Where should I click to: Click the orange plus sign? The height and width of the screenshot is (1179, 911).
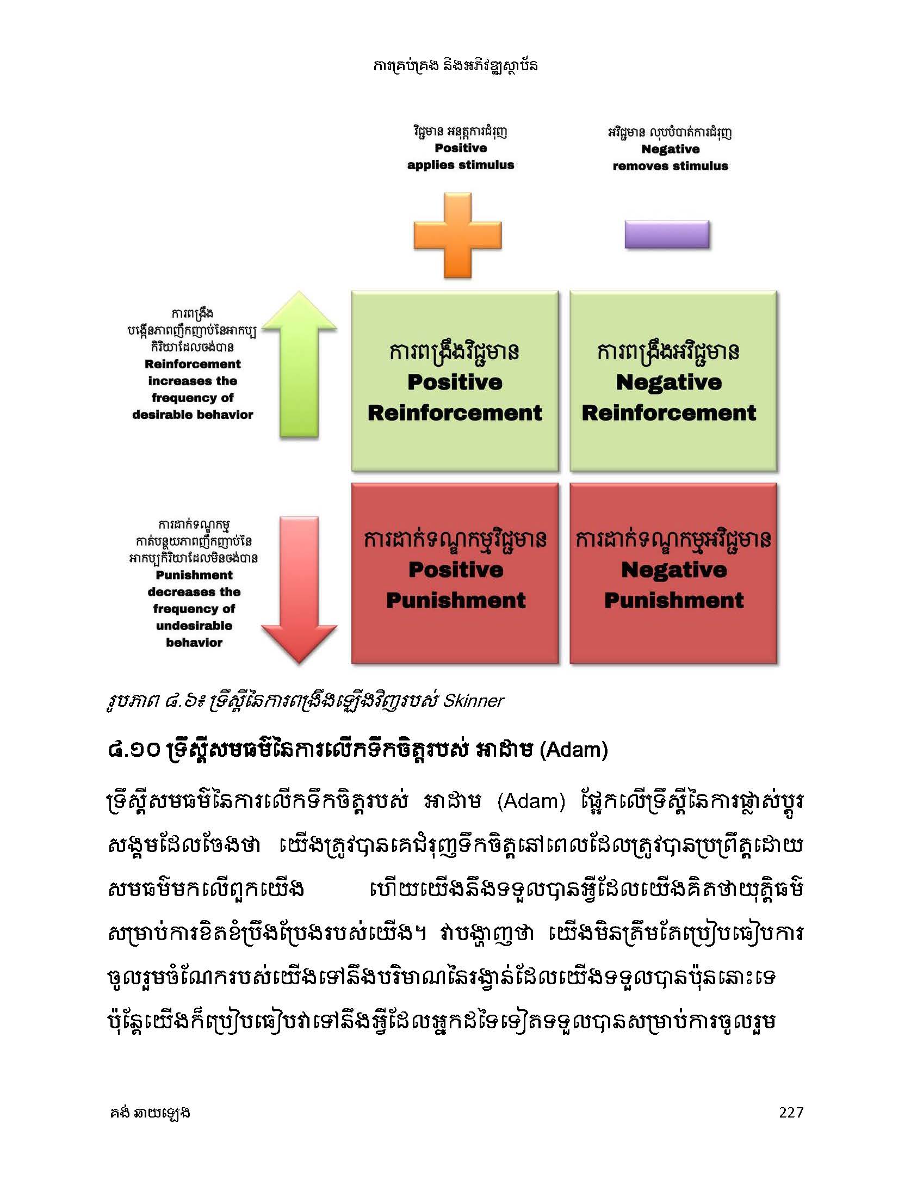click(x=457, y=235)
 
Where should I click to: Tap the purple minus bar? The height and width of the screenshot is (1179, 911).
click(x=667, y=235)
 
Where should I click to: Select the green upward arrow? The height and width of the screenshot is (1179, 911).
click(x=299, y=365)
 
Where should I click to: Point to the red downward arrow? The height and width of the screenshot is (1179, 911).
click(x=299, y=590)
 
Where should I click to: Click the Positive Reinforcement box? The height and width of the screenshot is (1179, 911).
click(x=455, y=381)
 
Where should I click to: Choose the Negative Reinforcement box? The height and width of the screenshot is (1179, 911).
click(x=673, y=381)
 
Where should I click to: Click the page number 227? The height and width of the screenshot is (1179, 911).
click(x=791, y=1112)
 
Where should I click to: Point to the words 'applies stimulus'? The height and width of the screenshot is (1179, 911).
click(x=461, y=165)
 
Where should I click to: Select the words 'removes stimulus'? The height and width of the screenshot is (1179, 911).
click(x=670, y=166)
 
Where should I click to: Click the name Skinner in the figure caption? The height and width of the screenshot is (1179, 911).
click(x=473, y=701)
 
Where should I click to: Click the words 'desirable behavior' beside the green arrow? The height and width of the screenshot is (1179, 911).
click(x=193, y=415)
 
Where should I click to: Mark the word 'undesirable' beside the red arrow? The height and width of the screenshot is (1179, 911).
click(x=194, y=626)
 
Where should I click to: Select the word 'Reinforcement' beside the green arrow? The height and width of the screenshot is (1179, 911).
click(x=193, y=364)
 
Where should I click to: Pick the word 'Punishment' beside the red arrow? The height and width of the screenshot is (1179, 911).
click(x=194, y=575)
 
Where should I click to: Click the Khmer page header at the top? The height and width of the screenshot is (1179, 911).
click(x=455, y=66)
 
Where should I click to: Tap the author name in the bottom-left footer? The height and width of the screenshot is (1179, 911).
click(x=149, y=1113)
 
